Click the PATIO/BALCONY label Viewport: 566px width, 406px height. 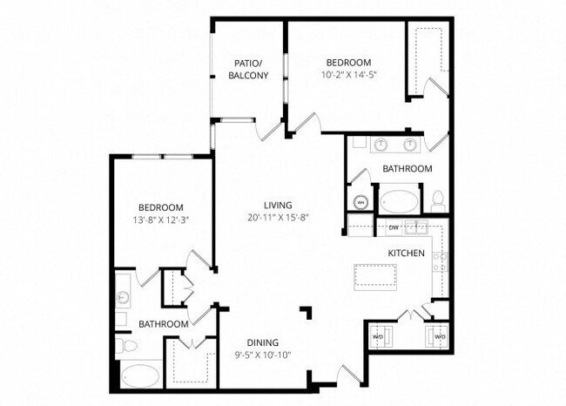click(248, 69)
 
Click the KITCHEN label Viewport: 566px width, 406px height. click(406, 253)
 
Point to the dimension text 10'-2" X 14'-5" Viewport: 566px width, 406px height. click(348, 75)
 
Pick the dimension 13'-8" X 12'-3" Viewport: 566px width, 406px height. click(161, 220)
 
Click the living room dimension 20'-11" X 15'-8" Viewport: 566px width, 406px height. click(280, 217)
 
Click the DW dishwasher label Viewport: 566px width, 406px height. click(394, 228)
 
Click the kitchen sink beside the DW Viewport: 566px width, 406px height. click(417, 229)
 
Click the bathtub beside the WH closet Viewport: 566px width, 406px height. click(401, 201)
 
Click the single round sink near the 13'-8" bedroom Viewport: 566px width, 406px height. click(123, 296)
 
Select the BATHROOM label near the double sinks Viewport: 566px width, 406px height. click(407, 168)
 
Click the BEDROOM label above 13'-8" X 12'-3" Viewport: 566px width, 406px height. click(161, 206)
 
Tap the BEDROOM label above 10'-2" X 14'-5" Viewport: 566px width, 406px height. click(348, 63)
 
